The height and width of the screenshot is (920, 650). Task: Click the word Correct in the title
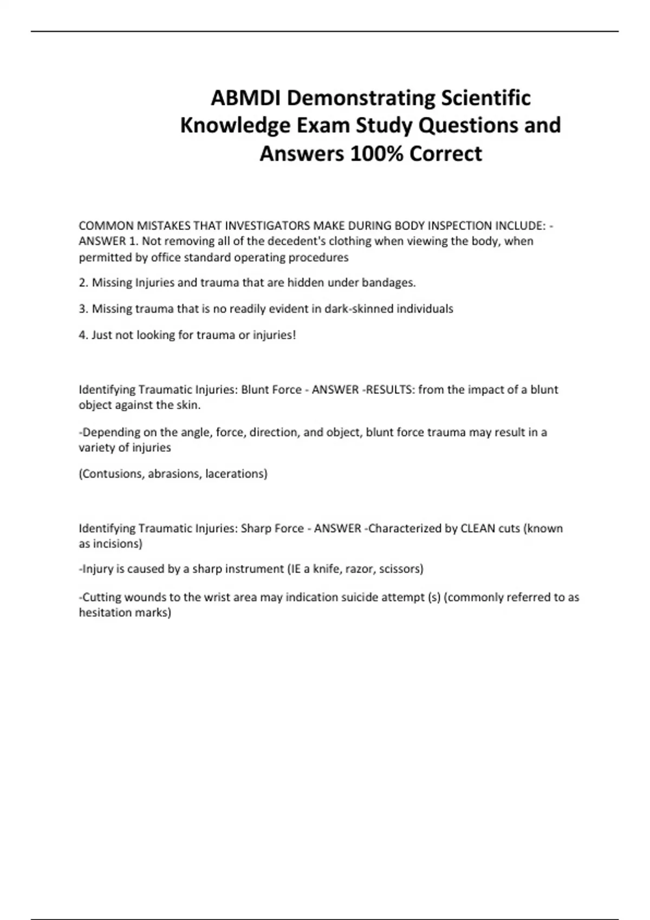pos(446,154)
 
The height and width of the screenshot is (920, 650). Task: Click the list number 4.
pos(83,335)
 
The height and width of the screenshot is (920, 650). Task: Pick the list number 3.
pos(83,309)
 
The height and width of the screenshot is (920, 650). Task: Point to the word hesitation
pos(104,613)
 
